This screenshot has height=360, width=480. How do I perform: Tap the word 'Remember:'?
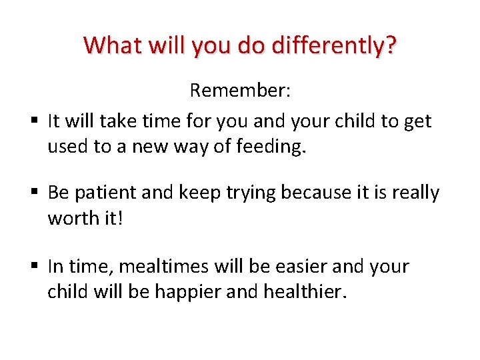(x=239, y=90)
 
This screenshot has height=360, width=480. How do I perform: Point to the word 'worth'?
(x=72, y=219)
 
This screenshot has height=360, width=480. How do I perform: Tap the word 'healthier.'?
(x=308, y=291)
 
